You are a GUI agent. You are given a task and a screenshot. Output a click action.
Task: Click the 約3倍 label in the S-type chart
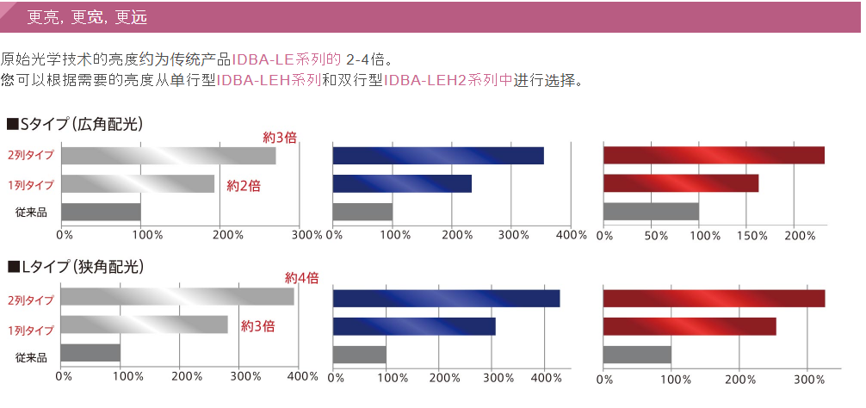(280, 138)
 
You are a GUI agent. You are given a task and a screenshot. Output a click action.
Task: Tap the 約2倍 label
(244, 185)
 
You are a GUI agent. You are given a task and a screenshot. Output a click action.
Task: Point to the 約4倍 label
(302, 278)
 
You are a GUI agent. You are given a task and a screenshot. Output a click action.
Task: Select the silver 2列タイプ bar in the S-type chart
(168, 156)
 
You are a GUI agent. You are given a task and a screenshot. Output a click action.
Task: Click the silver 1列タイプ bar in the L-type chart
(145, 325)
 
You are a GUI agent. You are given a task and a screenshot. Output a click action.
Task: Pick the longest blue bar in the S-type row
(438, 156)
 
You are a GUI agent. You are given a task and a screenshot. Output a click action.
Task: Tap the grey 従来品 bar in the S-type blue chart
(362, 212)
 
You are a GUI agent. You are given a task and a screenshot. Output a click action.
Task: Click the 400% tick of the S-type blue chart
(571, 235)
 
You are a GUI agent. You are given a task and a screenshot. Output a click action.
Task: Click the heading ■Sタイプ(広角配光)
(75, 124)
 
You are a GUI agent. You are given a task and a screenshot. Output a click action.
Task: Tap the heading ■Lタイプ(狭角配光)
(75, 267)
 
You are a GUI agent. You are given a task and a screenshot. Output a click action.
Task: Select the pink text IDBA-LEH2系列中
(448, 81)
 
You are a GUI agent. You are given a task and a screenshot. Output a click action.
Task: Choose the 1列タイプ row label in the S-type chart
(30, 185)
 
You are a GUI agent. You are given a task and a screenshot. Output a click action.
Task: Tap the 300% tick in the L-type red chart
(807, 379)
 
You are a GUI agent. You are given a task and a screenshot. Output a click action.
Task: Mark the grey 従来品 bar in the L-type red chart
(637, 354)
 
